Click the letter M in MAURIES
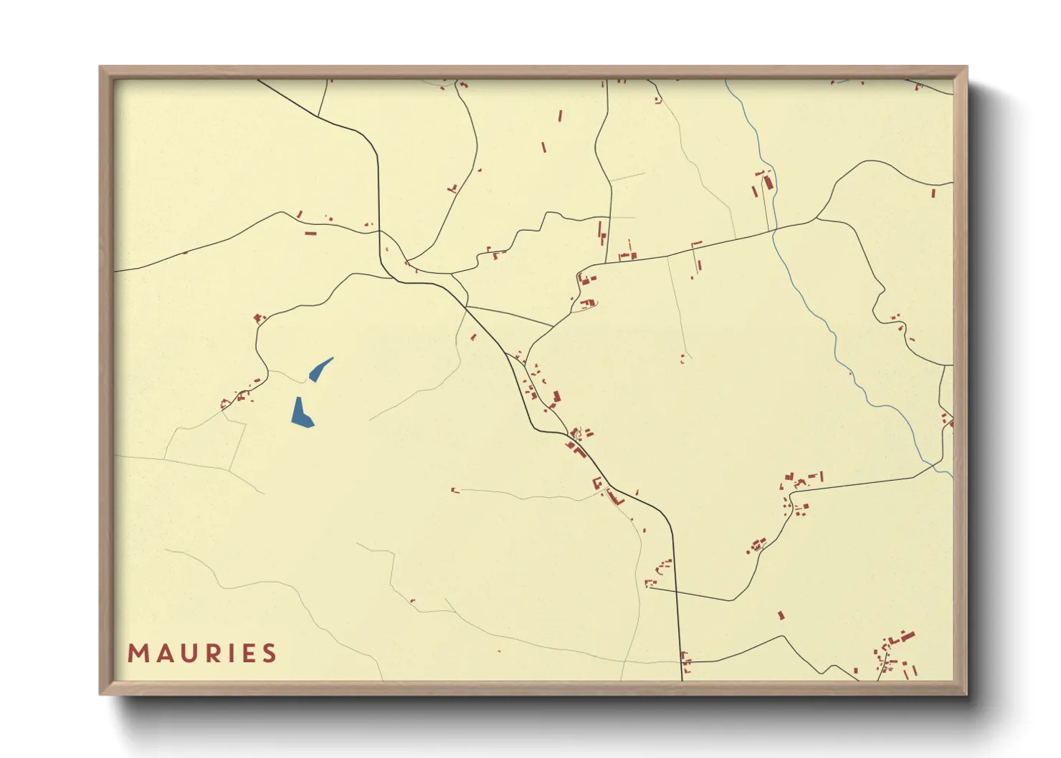point(137,653)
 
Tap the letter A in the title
point(161,653)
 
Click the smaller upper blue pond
point(319,370)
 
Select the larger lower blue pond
point(301,414)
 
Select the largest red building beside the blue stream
point(769,182)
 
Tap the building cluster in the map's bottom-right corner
point(893,653)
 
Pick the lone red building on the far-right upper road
point(933,193)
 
